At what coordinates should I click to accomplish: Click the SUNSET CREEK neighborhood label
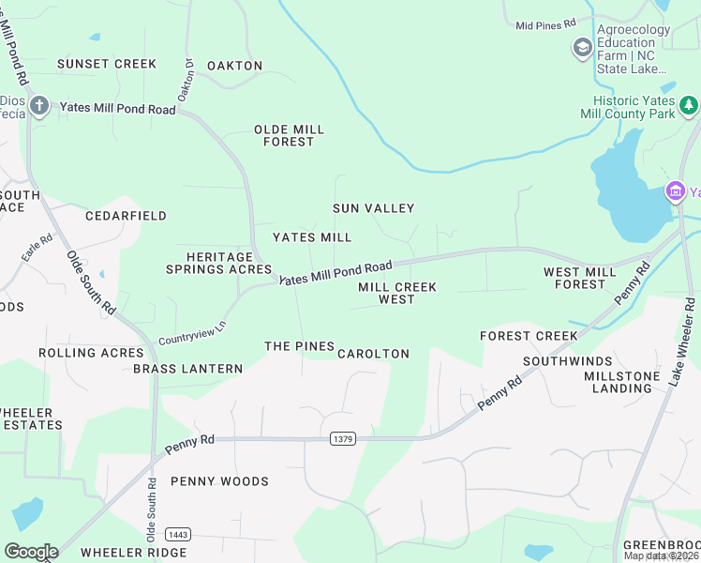click(106, 64)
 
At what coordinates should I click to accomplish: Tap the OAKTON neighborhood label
click(234, 66)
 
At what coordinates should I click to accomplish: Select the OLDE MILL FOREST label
click(289, 136)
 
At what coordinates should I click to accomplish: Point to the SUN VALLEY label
click(373, 208)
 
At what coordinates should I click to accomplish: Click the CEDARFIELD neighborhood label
click(126, 216)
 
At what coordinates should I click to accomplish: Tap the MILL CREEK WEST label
click(397, 293)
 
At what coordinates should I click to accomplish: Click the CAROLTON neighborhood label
click(373, 354)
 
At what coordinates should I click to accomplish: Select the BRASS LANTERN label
click(187, 369)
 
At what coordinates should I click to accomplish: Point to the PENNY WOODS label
click(219, 481)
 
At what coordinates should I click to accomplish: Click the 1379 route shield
click(343, 438)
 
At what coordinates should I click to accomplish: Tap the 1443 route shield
click(178, 534)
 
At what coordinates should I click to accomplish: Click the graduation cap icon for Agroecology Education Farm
click(582, 47)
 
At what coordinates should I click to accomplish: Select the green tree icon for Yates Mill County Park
click(689, 104)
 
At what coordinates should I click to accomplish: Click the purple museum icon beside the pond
click(674, 192)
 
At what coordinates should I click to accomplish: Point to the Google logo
click(31, 551)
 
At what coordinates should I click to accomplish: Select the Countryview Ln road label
click(192, 331)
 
